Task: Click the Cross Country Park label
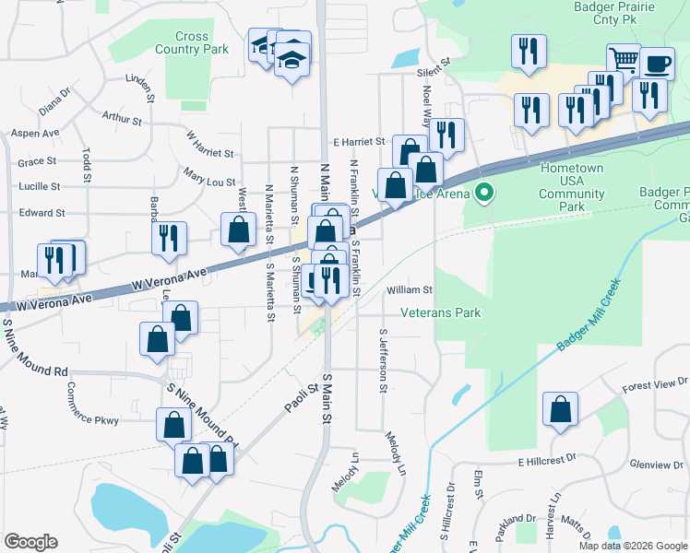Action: (x=192, y=42)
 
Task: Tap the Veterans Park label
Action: (x=441, y=313)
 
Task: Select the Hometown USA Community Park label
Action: (x=572, y=188)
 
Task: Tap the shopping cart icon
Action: (x=625, y=60)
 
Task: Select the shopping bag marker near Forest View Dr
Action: (x=560, y=408)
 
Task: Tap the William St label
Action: (x=409, y=289)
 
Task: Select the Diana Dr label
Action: (x=54, y=100)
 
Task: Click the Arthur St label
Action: (x=122, y=119)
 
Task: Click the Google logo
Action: (x=30, y=542)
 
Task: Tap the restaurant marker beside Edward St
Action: (x=169, y=237)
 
